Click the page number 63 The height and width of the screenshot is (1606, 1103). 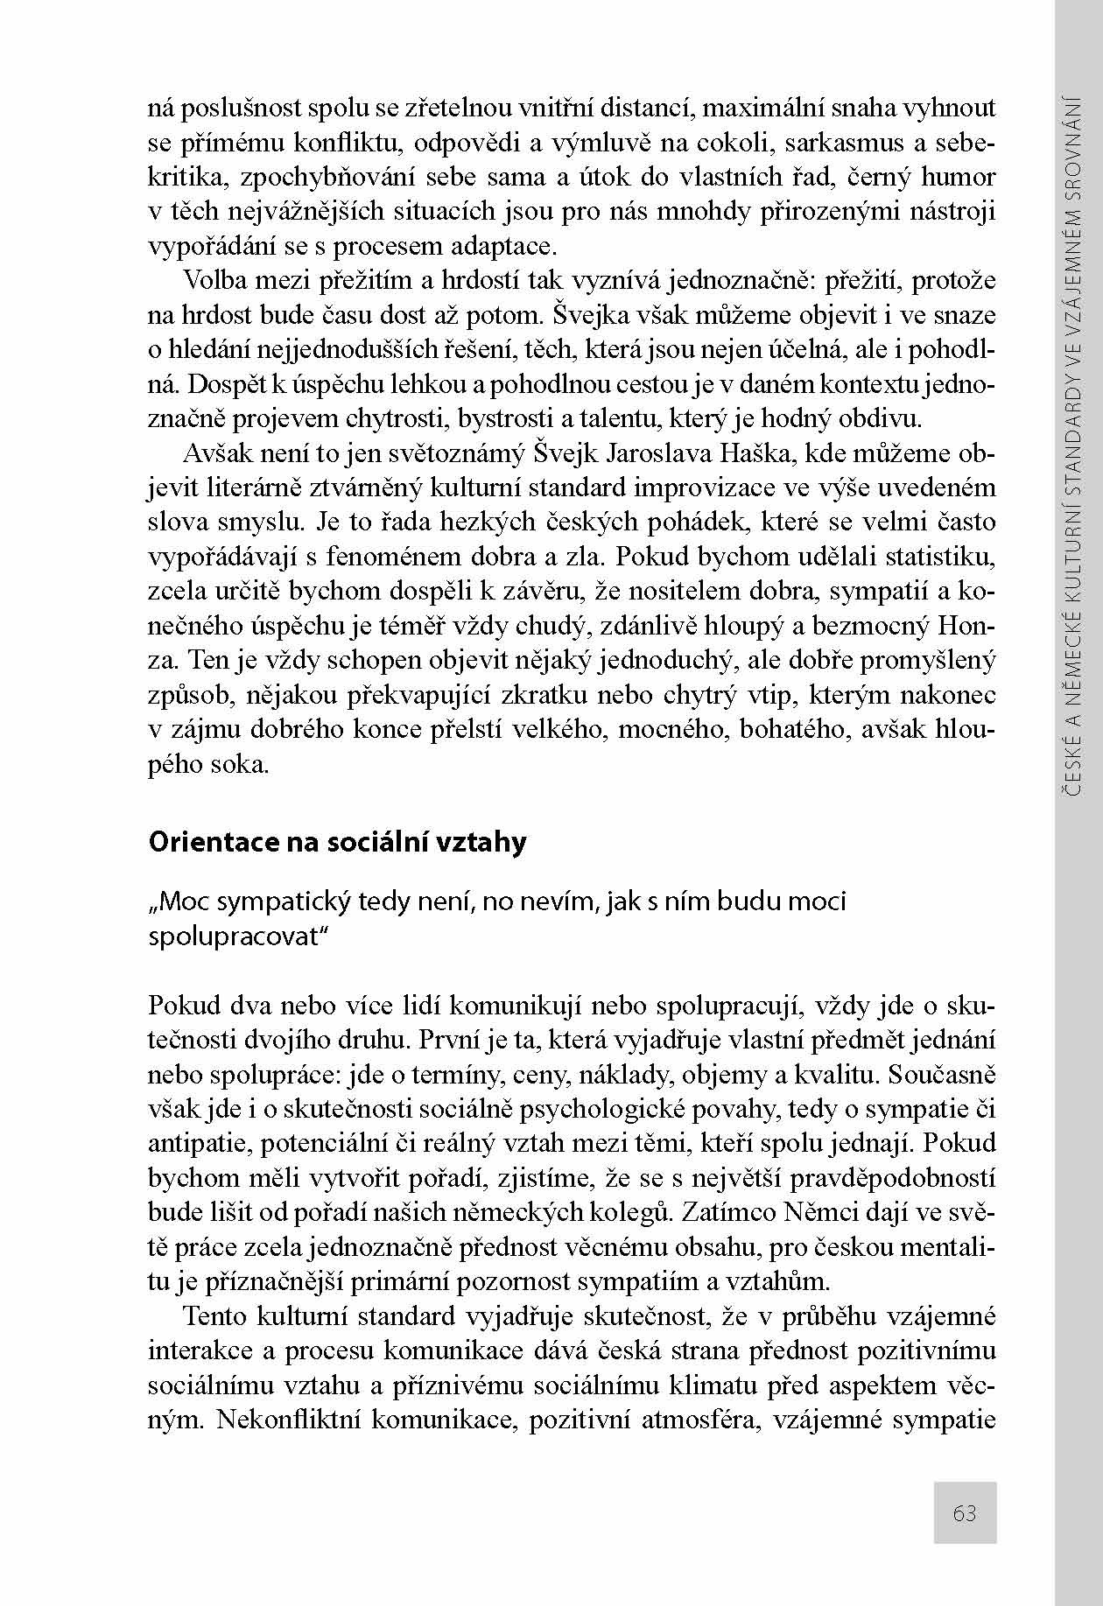click(x=965, y=1512)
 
